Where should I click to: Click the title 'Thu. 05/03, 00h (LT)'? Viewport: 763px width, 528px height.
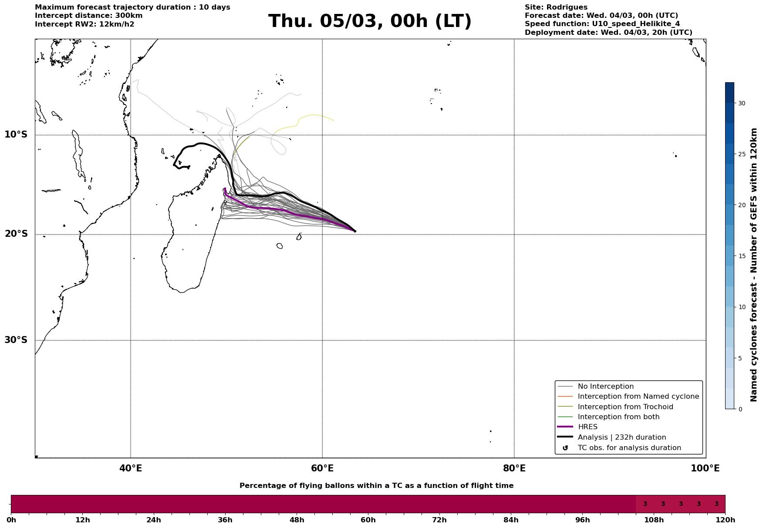370,21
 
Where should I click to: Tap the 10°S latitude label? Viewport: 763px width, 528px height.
16,135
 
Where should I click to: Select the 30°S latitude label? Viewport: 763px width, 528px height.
16,340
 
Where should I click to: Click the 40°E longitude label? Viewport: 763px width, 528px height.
131,468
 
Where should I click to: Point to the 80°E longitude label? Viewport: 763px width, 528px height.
514,468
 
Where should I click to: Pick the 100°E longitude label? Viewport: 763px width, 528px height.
705,468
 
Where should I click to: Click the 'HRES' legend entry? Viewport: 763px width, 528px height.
587,427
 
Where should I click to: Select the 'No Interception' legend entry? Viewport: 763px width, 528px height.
605,387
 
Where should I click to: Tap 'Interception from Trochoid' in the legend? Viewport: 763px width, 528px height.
625,407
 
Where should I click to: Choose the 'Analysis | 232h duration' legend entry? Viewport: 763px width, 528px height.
621,437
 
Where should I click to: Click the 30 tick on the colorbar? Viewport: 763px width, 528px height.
742,103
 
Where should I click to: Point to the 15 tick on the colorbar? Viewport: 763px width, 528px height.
742,256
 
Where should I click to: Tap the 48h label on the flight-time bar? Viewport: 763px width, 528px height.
297,520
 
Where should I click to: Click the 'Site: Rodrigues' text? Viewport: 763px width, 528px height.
556,7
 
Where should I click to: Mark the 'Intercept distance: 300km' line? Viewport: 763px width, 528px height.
88,16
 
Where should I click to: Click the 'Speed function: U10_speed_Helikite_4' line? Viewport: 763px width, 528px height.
602,24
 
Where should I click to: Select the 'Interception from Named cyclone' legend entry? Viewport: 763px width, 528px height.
638,397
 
